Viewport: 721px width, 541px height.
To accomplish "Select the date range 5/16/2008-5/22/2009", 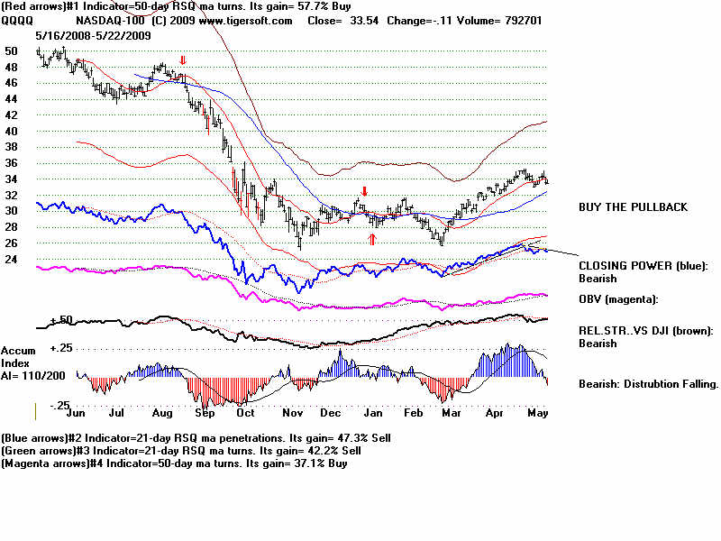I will tap(93, 34).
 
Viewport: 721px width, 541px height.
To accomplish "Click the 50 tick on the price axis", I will tap(12, 51).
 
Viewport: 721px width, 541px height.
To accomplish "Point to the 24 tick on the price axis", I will tap(12, 260).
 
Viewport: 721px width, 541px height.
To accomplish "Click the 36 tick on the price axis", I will tap(12, 163).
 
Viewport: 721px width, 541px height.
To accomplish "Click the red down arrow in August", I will tap(183, 61).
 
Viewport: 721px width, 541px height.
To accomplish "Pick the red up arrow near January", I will tap(371, 239).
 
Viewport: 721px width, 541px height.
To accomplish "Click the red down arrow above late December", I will tap(364, 192).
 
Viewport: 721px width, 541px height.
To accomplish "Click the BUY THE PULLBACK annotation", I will tap(633, 207).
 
